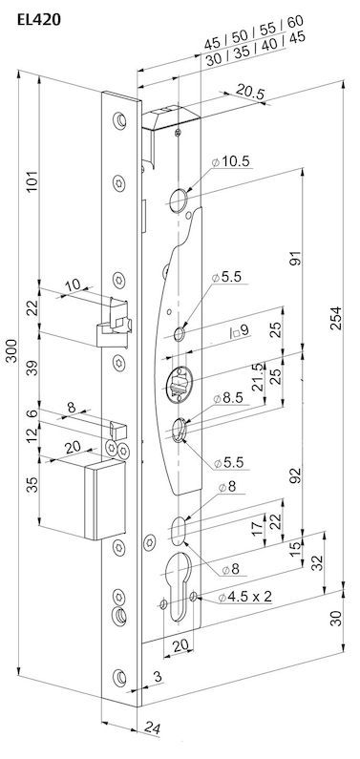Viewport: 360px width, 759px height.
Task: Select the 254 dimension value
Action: pyautogui.click(x=336, y=318)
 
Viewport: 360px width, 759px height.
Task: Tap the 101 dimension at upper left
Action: pyautogui.click(x=32, y=181)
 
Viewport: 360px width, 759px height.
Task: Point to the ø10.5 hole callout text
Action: pyautogui.click(x=231, y=161)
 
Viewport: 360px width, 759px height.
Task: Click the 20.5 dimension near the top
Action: pyautogui.click(x=250, y=93)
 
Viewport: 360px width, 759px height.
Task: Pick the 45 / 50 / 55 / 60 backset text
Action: pyautogui.click(x=254, y=32)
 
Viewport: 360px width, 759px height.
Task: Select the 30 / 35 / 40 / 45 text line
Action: pyautogui.click(x=256, y=50)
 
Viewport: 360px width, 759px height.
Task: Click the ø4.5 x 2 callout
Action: pyautogui.click(x=244, y=597)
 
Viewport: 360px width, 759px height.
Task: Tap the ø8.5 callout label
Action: pyautogui.click(x=227, y=398)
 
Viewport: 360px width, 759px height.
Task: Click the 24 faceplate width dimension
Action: pyautogui.click(x=152, y=728)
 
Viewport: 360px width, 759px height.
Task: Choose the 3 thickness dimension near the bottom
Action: pyautogui.click(x=158, y=677)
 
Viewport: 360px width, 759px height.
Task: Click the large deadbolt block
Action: pyautogui.click(x=105, y=500)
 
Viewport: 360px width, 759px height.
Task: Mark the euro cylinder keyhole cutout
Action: pyautogui.click(x=178, y=583)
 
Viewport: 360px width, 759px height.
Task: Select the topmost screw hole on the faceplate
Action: pyautogui.click(x=119, y=120)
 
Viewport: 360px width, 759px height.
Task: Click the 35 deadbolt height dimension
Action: pyautogui.click(x=32, y=485)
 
